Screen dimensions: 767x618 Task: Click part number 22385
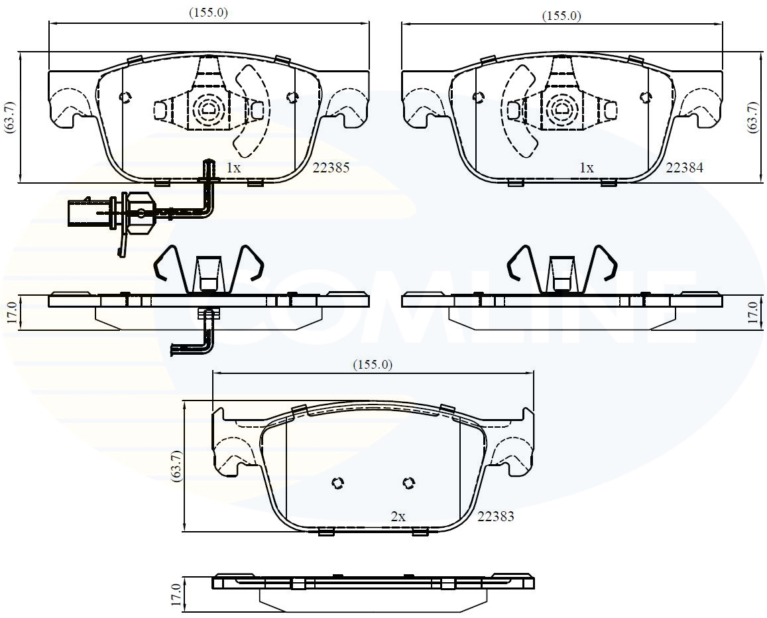(331, 168)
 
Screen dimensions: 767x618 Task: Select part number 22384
(684, 168)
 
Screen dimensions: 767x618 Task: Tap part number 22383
(495, 517)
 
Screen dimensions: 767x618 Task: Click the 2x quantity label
(398, 517)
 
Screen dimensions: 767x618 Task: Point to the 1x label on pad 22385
(233, 168)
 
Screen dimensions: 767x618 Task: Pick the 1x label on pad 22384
(587, 168)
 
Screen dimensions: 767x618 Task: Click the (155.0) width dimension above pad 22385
(209, 13)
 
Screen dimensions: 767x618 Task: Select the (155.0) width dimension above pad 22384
(561, 16)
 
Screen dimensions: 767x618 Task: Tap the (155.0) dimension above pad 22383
(373, 365)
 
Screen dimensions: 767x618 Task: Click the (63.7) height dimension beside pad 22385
(10, 117)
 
